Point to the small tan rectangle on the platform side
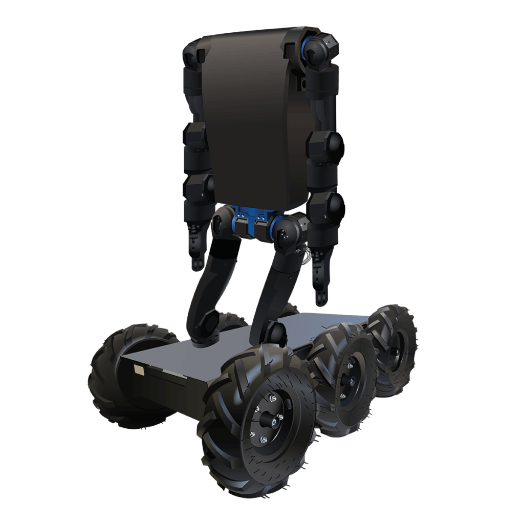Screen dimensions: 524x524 click(x=138, y=369)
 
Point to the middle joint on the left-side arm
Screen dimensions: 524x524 click(x=194, y=136)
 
